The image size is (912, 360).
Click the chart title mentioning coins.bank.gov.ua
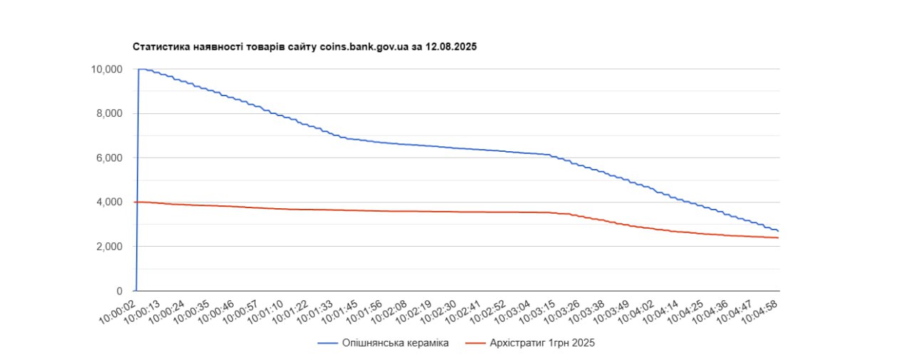(x=304, y=47)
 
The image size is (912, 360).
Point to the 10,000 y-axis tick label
(x=106, y=69)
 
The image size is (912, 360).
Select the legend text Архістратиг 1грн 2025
(x=542, y=344)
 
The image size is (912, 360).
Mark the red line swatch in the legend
(x=475, y=344)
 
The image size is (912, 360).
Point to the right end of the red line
(x=778, y=238)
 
